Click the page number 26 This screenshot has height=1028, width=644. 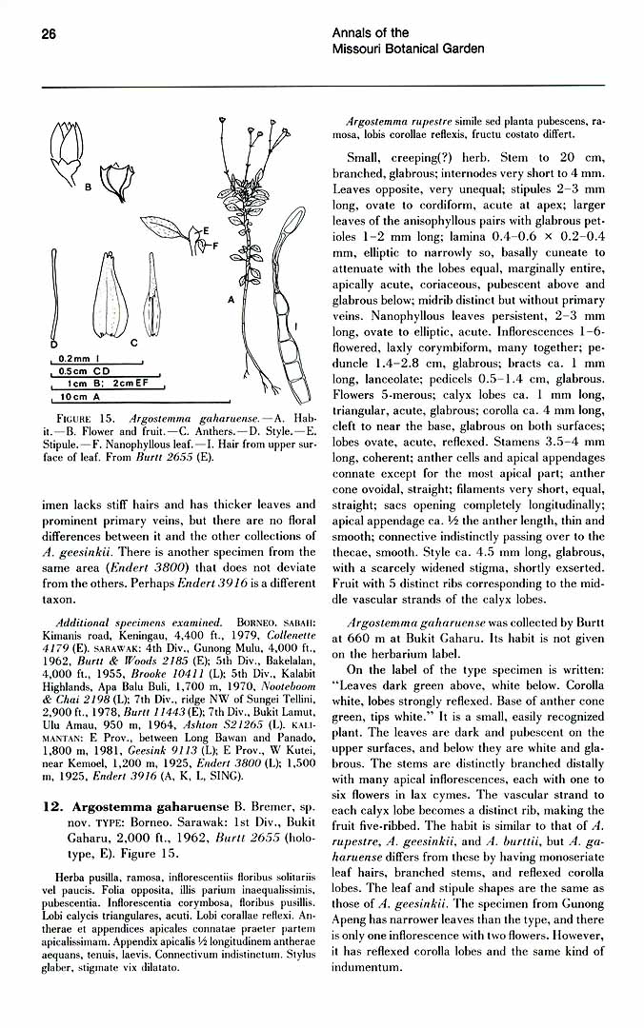[x=50, y=34]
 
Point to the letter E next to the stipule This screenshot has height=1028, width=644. [x=206, y=231]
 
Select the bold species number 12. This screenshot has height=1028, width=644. [x=53, y=807]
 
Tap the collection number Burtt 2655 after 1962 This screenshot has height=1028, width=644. [x=216, y=838]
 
